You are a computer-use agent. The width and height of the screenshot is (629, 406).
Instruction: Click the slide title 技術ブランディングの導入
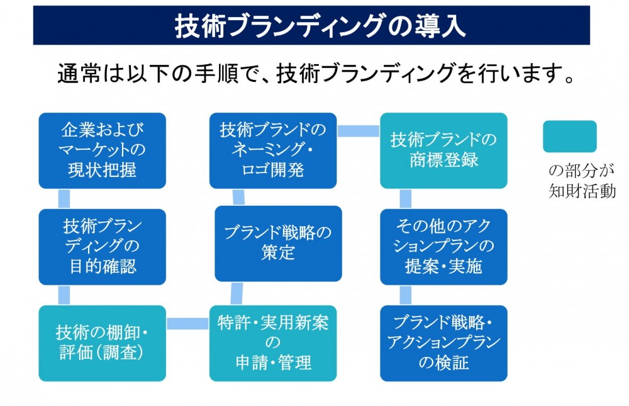point(320,26)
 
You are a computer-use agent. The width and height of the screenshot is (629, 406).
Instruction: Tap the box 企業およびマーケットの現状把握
point(103,150)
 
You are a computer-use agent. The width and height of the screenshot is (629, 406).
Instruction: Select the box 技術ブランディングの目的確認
point(103,247)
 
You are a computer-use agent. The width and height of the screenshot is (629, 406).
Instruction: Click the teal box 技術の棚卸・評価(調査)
point(103,343)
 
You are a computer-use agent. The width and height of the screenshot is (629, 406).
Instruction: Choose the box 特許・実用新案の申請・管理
point(273,343)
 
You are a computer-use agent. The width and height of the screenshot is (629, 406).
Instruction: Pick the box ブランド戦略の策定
point(279,244)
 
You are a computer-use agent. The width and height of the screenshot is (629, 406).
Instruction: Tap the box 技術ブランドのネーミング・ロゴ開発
point(273,150)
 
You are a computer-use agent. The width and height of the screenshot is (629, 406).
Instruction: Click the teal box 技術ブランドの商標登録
point(443,150)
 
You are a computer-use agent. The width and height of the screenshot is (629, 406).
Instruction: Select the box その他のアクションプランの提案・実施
point(443,247)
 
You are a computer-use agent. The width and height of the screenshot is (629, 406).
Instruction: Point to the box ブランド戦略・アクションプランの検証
point(443,343)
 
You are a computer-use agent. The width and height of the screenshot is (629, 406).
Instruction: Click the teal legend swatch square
point(570,137)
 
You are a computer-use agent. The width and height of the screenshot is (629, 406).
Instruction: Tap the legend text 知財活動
point(582,191)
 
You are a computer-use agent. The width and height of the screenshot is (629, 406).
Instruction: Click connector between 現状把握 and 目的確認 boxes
point(64,199)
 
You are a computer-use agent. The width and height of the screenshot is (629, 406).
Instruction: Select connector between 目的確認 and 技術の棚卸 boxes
point(64,295)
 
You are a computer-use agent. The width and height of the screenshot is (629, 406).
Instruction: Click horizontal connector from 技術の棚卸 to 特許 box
point(187,324)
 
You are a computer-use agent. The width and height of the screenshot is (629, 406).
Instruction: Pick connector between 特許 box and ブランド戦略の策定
point(237,293)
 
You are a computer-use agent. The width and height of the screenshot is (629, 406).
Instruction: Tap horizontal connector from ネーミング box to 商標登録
point(359,131)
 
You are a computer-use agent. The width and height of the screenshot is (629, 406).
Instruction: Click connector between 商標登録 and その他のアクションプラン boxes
point(406,199)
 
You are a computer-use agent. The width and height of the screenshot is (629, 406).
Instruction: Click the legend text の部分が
point(581,171)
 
